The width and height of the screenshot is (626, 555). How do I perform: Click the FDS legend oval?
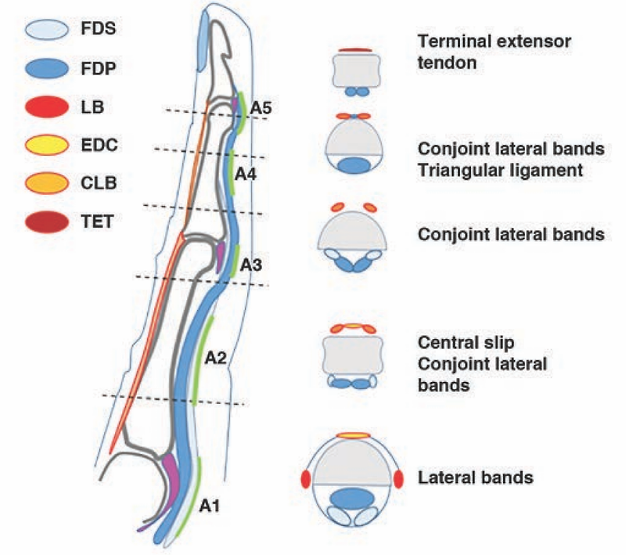(x=47, y=30)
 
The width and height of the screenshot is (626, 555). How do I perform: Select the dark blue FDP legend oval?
(x=47, y=68)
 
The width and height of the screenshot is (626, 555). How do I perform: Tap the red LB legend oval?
(x=47, y=106)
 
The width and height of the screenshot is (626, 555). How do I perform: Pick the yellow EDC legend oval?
(x=47, y=145)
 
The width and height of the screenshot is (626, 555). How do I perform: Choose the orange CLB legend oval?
(x=47, y=183)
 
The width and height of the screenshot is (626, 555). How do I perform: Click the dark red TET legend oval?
(x=47, y=222)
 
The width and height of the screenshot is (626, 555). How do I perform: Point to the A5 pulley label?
(x=261, y=108)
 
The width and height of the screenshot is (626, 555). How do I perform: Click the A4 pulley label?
(x=246, y=174)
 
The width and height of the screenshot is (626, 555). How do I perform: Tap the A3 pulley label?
(x=251, y=265)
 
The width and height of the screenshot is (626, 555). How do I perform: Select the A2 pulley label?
(x=216, y=359)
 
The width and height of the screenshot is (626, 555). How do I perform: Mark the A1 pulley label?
(x=210, y=506)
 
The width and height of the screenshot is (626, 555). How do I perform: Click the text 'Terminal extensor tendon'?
(x=495, y=52)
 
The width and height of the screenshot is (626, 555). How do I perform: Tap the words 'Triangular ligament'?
(x=500, y=171)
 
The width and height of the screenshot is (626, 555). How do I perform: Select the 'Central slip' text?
(x=466, y=343)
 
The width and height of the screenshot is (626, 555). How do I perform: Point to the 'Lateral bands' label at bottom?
(x=476, y=478)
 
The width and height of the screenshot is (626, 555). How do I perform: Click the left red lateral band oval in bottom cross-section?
(x=305, y=479)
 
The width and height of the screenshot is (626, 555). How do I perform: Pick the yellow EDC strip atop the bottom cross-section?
(x=354, y=435)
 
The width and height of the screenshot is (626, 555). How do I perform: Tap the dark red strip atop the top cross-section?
(x=355, y=50)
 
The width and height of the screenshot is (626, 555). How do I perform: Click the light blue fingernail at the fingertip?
(x=204, y=41)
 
